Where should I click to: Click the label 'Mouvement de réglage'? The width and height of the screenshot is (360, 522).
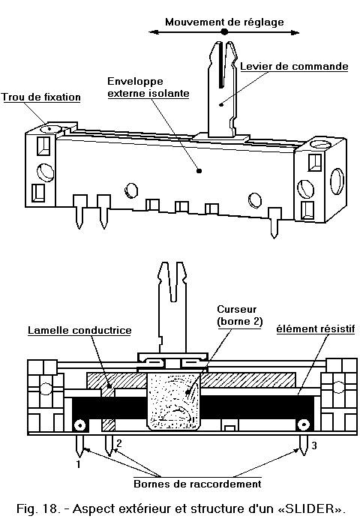[x=224, y=22]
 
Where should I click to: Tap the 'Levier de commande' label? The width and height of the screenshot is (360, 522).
[x=294, y=66]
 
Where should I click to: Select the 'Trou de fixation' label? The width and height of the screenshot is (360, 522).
[x=41, y=97]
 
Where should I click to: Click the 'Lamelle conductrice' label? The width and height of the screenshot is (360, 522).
[x=79, y=330]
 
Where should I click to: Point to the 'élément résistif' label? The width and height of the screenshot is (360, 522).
[x=316, y=329]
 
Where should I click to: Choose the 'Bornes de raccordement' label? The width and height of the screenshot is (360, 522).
[x=197, y=484]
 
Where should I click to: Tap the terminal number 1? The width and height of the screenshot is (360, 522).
[x=79, y=463]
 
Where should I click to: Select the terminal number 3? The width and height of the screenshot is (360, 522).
[x=314, y=445]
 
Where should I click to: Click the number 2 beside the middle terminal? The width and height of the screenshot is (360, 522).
[x=119, y=443]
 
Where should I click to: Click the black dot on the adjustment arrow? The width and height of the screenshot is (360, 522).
[x=224, y=32]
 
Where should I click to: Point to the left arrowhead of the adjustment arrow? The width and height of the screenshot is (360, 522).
[x=153, y=32]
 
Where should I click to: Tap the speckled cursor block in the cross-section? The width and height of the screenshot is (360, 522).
[x=174, y=401]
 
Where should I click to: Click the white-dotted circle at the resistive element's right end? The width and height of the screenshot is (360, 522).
[x=304, y=424]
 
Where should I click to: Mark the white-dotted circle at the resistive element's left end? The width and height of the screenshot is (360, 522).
[x=80, y=425]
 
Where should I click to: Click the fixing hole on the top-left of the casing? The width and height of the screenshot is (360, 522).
[x=50, y=129]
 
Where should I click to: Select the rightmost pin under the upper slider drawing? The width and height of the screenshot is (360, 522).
[x=274, y=223]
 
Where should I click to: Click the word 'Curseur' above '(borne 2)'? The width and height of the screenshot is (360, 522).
[x=237, y=309]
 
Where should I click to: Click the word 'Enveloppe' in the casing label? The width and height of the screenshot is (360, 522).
[x=135, y=82]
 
